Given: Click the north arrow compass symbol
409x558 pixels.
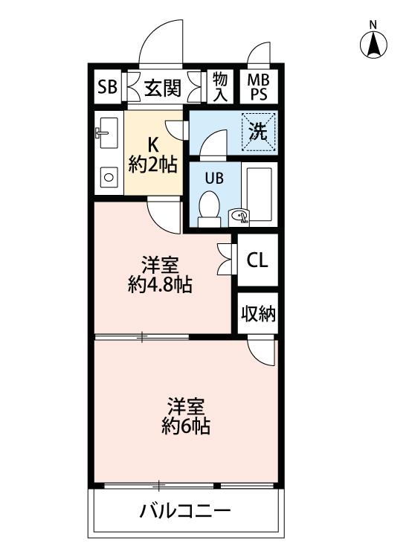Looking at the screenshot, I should (375, 46).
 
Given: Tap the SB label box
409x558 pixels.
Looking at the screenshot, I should (107, 88).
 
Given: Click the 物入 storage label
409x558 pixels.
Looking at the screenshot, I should (220, 87).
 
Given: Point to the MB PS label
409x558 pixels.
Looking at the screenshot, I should (258, 88).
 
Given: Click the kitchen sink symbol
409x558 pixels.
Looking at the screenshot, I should (109, 134).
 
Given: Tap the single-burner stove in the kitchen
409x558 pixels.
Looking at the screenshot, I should (109, 177).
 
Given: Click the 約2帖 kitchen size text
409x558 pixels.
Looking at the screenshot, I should (152, 164).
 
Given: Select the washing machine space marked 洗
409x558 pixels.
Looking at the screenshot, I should (258, 132).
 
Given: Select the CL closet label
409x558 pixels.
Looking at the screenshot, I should (257, 260).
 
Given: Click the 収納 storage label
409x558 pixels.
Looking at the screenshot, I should (257, 314).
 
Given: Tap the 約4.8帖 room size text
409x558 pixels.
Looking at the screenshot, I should (160, 284).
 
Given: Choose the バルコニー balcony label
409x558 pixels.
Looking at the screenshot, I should (186, 512).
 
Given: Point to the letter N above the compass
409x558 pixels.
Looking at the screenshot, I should (375, 25).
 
